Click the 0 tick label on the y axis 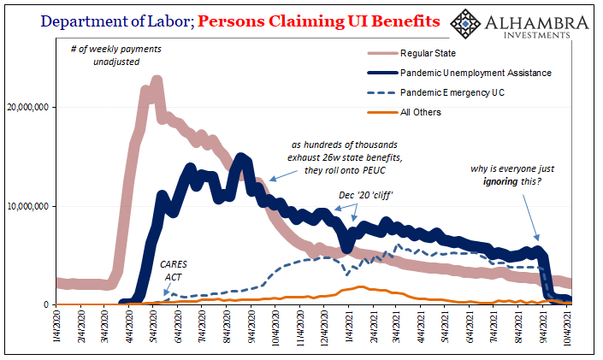[48, 304]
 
